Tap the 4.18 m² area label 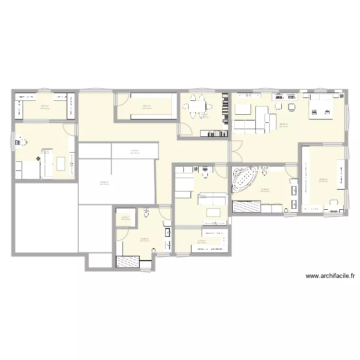pyautogui.click(x=135, y=150)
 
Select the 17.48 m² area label pyautogui.click(x=264, y=190)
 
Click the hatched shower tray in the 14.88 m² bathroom pyautogui.click(x=128, y=262)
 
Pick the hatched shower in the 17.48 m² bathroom pyautogui.click(x=246, y=207)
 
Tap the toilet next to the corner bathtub pyautogui.click(x=264, y=171)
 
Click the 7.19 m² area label pyautogui.click(x=202, y=241)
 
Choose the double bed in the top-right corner pyautogui.click(x=321, y=105)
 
